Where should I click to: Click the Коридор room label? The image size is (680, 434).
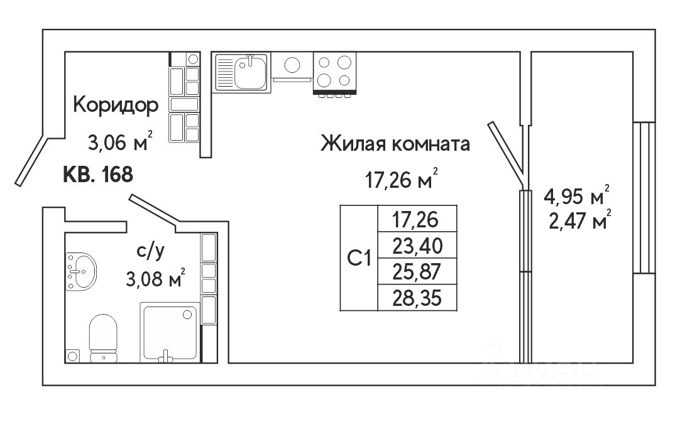point(116,105)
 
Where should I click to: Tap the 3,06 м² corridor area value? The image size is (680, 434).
point(120,144)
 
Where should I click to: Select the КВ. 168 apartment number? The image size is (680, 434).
point(98,174)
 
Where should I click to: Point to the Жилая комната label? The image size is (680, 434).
point(395,144)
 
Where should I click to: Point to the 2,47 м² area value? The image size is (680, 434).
point(577,222)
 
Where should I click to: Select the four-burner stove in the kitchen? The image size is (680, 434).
point(334,71)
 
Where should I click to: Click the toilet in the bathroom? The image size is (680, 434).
point(103,339)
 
